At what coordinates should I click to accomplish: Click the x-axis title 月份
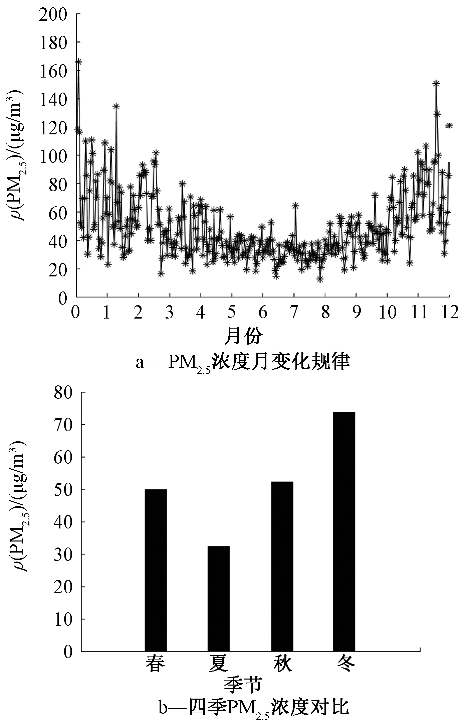243,335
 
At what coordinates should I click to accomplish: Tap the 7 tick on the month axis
294,313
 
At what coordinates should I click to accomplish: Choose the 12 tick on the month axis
449,313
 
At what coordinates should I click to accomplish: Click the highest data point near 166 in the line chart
78,62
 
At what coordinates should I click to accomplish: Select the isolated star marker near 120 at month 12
449,125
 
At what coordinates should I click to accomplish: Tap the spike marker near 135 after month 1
116,106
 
